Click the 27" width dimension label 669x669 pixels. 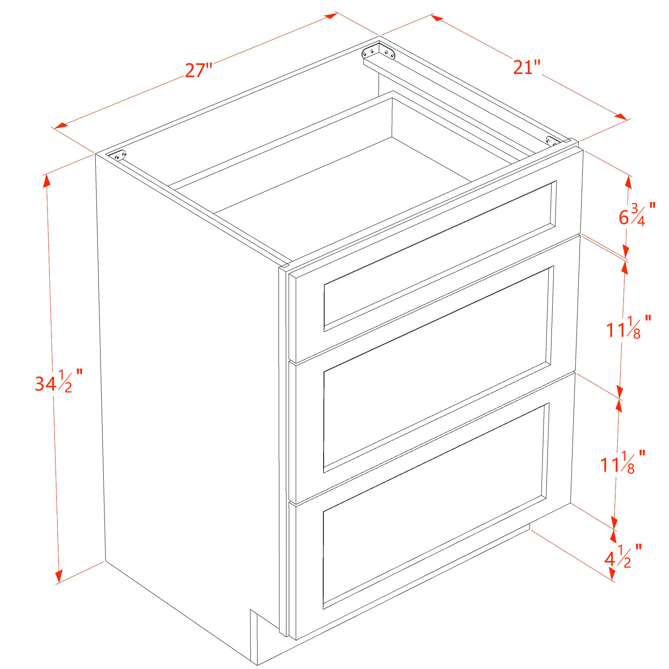199,71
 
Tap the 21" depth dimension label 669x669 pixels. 526,67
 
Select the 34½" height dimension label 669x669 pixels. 59,381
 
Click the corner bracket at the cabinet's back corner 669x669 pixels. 379,53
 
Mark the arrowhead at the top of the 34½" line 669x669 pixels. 47,180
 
